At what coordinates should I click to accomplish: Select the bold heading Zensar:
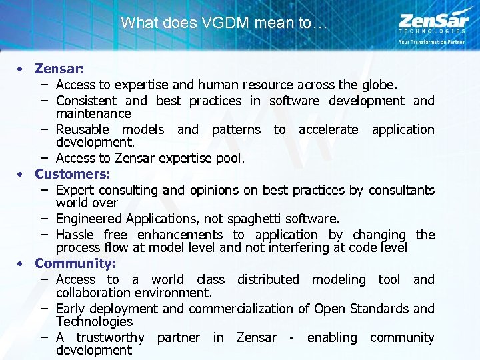(x=59, y=69)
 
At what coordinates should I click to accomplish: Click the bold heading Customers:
(x=73, y=174)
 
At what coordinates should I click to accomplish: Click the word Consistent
(x=86, y=101)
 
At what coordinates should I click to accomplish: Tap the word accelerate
(x=328, y=129)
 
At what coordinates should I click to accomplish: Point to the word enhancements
(x=180, y=235)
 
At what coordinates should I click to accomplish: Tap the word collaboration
(x=94, y=293)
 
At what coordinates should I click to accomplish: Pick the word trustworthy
(x=110, y=337)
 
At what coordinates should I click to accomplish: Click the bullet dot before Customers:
(x=21, y=174)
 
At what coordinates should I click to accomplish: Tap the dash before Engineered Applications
(x=43, y=219)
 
